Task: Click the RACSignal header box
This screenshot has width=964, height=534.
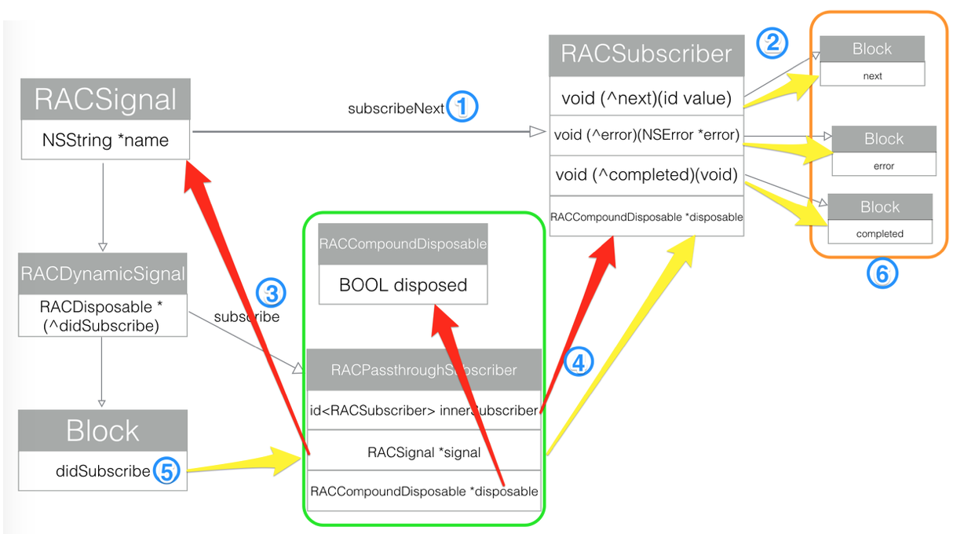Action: (x=105, y=99)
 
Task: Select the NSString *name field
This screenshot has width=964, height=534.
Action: (x=105, y=140)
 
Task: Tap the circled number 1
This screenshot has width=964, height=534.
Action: (x=462, y=106)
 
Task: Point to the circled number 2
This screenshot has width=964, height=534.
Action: (x=772, y=43)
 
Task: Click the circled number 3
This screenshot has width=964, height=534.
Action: (x=271, y=294)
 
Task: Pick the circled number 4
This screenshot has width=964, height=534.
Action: (x=578, y=362)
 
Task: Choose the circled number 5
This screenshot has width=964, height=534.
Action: (x=167, y=470)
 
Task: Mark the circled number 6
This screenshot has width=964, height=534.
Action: (x=882, y=273)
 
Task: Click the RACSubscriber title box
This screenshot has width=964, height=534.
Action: (x=646, y=56)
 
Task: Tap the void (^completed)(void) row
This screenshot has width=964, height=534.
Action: (x=646, y=175)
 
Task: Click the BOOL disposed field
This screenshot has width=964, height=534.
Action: (x=403, y=284)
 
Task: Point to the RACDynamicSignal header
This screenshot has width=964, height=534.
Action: (x=102, y=273)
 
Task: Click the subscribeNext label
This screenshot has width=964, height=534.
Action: (x=396, y=108)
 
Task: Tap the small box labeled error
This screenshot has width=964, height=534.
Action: (x=884, y=164)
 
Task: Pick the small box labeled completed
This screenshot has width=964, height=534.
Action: (x=880, y=232)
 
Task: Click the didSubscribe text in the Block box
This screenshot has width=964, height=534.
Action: (x=103, y=470)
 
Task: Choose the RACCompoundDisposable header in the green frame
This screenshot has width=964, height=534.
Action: (x=403, y=243)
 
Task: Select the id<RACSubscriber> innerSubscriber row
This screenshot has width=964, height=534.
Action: (x=424, y=411)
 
